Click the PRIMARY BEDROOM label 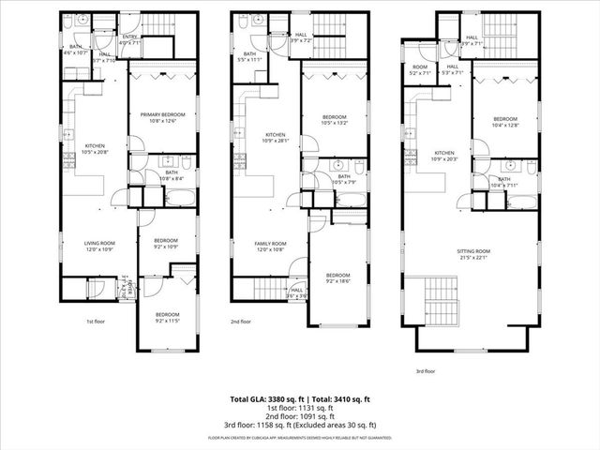tap(163, 114)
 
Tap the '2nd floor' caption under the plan tap(241, 322)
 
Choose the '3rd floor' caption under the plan tap(427, 371)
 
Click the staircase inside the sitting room tap(439, 301)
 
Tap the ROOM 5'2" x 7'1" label tap(420, 69)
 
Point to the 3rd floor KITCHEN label tap(444, 153)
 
